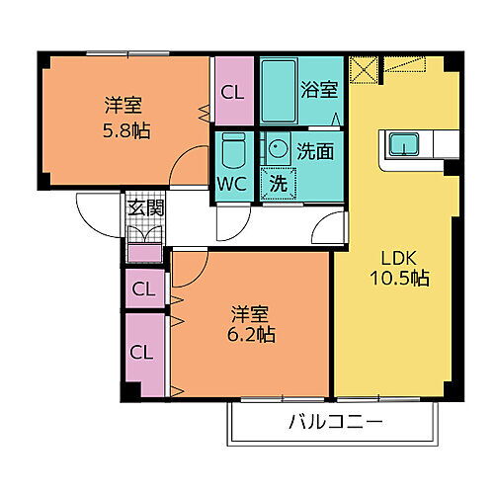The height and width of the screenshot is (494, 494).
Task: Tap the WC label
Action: coord(233,184)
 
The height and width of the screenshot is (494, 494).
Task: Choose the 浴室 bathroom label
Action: coord(319,89)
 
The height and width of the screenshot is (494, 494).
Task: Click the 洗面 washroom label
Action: coord(315,153)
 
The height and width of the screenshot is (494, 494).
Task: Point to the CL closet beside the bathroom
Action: coord(233,93)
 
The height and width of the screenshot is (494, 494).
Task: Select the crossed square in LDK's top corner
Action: coord(365,69)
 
